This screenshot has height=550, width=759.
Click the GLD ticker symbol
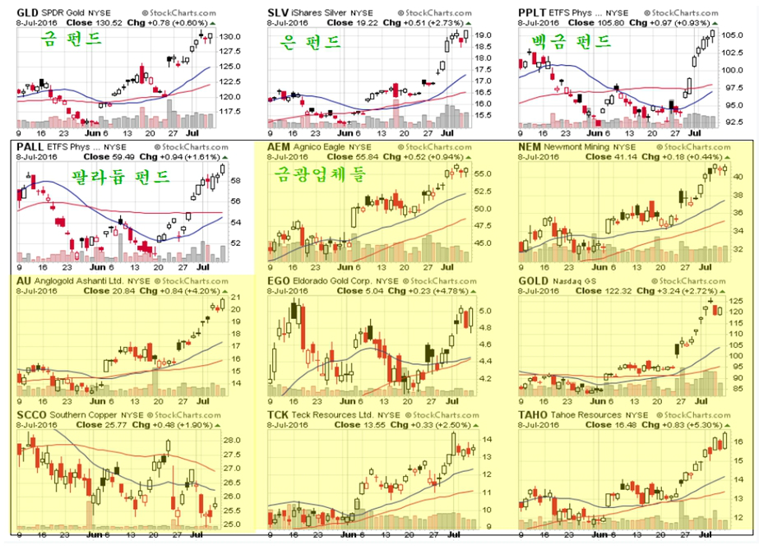(28, 13)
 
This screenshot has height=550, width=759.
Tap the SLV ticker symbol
(279, 13)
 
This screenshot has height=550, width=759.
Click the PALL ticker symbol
(30, 146)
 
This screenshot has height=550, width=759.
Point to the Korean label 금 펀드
(72, 39)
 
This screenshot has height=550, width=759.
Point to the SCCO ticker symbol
(31, 415)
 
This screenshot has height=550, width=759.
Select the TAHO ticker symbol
(535, 415)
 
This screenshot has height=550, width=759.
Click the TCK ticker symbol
(279, 415)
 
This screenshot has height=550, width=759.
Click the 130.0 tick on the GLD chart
(230, 37)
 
